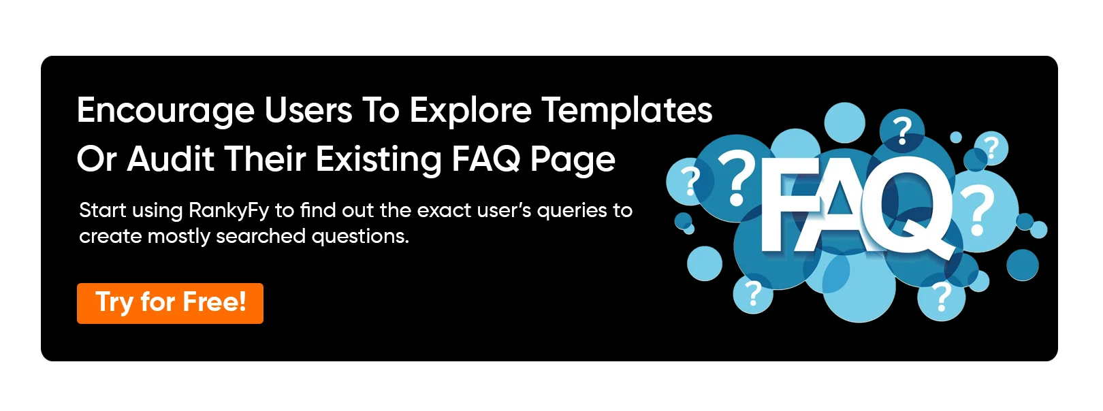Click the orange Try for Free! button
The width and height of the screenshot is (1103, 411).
[170, 303]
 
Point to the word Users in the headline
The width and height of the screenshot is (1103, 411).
[308, 110]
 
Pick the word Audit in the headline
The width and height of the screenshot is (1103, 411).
[170, 159]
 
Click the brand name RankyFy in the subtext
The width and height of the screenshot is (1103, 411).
[229, 211]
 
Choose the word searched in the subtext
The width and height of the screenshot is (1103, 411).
[260, 237]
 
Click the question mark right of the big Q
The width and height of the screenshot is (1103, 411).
[978, 210]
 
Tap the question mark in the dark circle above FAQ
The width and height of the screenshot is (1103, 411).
[902, 130]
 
